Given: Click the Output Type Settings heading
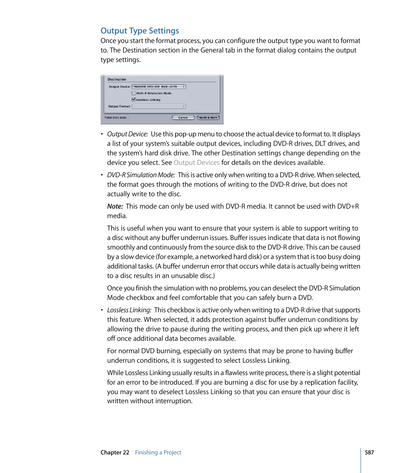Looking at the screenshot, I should click(140, 31).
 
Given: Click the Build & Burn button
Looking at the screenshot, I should click(208, 118).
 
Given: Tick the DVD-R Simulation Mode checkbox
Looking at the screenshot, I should click(134, 93).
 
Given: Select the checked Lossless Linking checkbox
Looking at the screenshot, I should click(134, 100).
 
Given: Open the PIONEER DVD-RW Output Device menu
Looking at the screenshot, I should click(159, 87).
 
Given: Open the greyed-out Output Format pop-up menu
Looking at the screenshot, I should click(159, 106).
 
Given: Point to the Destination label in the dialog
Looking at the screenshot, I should click(117, 79).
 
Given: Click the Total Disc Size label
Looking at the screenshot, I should click(116, 118).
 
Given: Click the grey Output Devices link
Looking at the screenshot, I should click(196, 163).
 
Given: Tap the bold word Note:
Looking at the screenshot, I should click(115, 207).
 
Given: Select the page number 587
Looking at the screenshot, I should click(369, 452).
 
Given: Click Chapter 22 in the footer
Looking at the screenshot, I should click(115, 452).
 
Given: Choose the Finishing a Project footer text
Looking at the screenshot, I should click(158, 452).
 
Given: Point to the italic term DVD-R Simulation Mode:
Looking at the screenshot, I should click(141, 175).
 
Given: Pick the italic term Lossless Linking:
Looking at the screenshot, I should click(129, 310).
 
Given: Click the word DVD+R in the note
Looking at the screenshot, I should click(349, 207).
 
